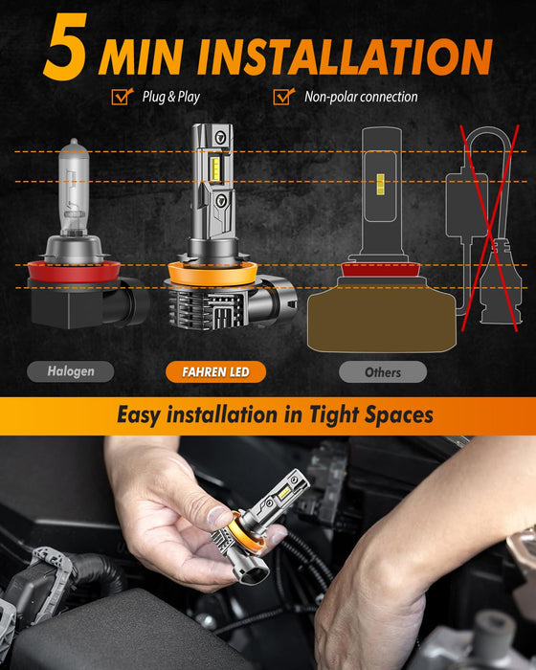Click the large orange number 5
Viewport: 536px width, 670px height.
click(64, 47)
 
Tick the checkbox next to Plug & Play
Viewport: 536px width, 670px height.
click(122, 96)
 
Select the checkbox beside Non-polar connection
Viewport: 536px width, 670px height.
click(282, 96)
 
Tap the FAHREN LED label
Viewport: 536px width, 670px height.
click(214, 370)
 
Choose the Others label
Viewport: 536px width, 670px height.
click(382, 371)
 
